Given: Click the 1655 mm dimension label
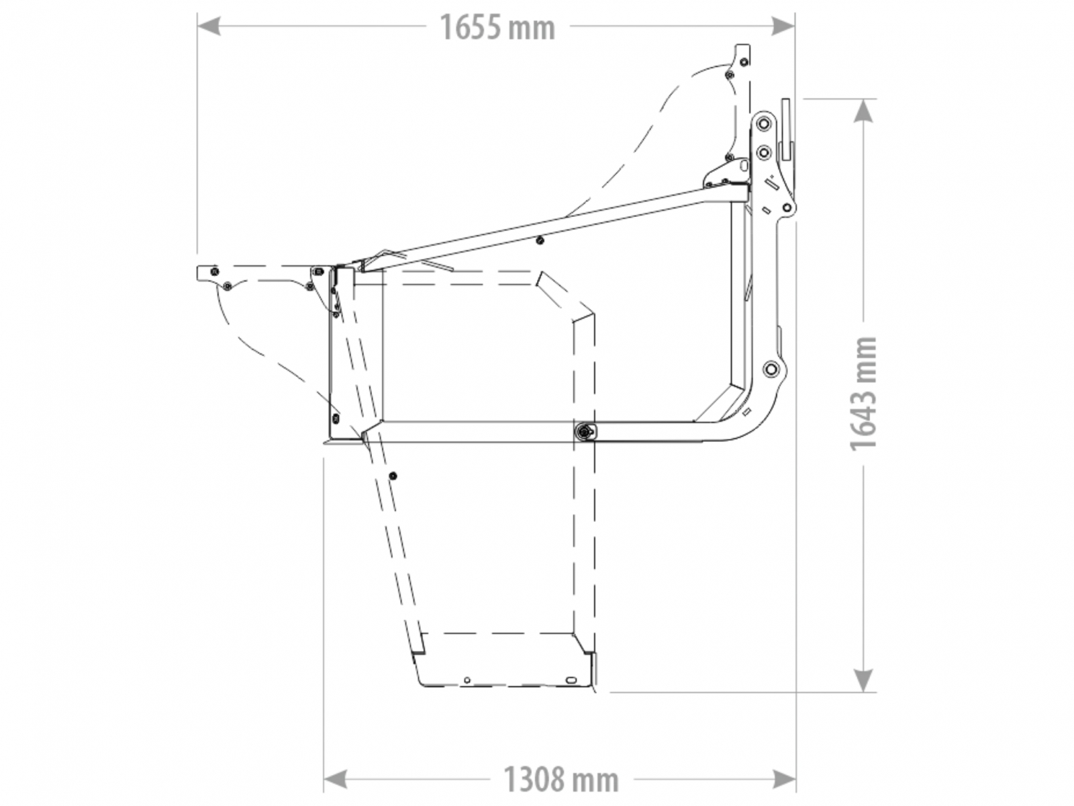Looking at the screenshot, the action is pyautogui.click(x=497, y=28).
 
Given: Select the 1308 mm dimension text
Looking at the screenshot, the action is pyautogui.click(x=560, y=778).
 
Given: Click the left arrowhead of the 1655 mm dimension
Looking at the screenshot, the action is pyautogui.click(x=209, y=26).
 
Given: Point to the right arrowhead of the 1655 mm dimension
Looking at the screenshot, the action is pyautogui.click(x=783, y=26).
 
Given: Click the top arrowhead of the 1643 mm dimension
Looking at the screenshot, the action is pyautogui.click(x=864, y=111).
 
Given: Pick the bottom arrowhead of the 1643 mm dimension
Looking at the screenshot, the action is pyautogui.click(x=864, y=680).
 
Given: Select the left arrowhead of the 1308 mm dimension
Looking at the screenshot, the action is pyautogui.click(x=335, y=778).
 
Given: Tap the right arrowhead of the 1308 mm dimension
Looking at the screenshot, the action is pyautogui.click(x=784, y=778).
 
